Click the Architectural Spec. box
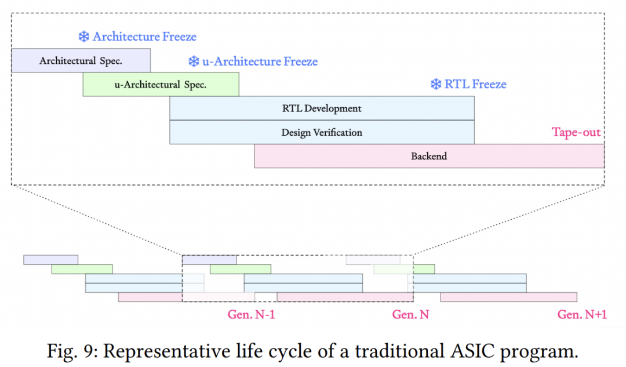81,61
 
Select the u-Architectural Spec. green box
161,84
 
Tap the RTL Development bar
322,108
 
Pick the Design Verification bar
322,132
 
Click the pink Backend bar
429,156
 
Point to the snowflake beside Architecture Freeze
84,37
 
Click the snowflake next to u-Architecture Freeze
194,61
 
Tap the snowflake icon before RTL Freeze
436,84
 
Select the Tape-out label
576,132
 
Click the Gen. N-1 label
251,315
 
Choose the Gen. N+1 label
582,315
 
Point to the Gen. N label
410,315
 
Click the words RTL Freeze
475,84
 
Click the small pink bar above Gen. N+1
509,297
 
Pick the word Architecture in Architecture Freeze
126,37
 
